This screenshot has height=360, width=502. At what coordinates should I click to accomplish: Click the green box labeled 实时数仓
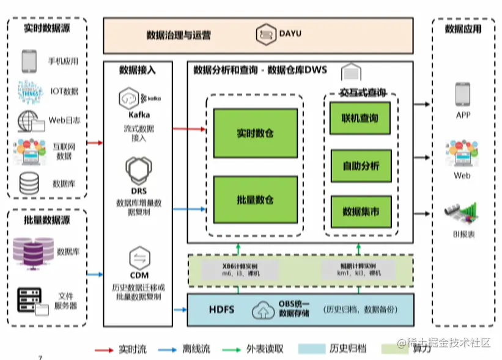256,133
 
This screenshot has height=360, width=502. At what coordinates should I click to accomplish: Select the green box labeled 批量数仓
256,200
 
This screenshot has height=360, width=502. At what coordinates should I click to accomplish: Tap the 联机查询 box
360,118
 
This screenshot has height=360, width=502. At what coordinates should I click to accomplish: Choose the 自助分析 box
360,166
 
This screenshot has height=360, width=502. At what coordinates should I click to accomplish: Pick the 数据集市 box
360,211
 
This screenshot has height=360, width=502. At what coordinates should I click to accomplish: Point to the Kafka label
139,114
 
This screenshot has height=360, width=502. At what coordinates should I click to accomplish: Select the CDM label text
139,275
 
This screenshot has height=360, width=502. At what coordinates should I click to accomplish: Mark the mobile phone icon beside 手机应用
29,61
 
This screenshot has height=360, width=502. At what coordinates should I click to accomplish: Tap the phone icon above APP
462,94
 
